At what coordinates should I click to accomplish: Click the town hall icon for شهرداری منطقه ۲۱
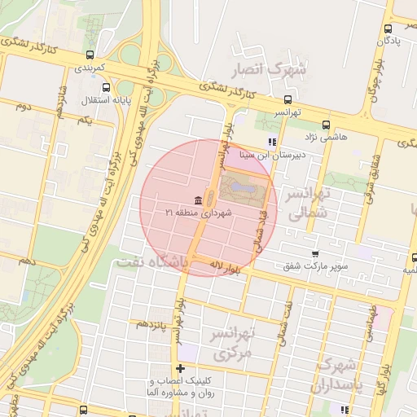pos(199,200)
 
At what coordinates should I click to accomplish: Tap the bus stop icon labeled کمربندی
pos(90,56)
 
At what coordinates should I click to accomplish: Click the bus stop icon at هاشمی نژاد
pos(327,125)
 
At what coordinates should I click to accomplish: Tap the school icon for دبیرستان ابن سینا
pos(272,142)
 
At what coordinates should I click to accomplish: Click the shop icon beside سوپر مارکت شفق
pos(315,254)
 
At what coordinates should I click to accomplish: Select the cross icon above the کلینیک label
pos(180,369)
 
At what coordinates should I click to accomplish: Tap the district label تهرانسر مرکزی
pos(233,343)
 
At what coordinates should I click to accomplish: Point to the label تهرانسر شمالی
pos(307,203)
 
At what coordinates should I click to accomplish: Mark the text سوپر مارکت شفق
pos(316,266)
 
